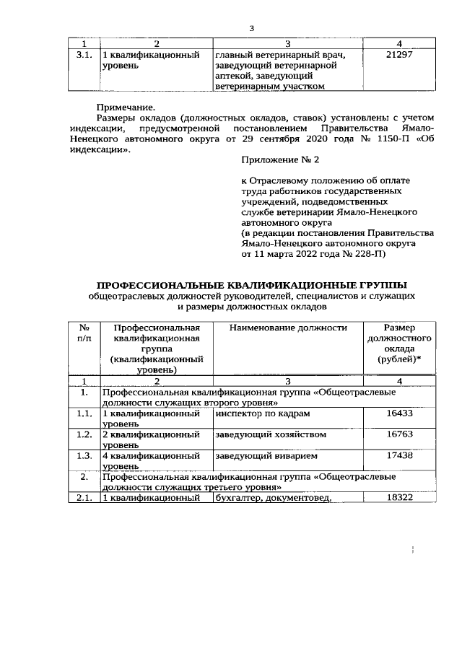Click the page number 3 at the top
point(251,28)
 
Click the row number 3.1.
point(84,55)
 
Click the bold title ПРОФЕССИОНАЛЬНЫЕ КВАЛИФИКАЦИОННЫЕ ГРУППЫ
point(251,284)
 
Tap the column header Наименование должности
point(288,328)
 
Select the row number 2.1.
point(84,498)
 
